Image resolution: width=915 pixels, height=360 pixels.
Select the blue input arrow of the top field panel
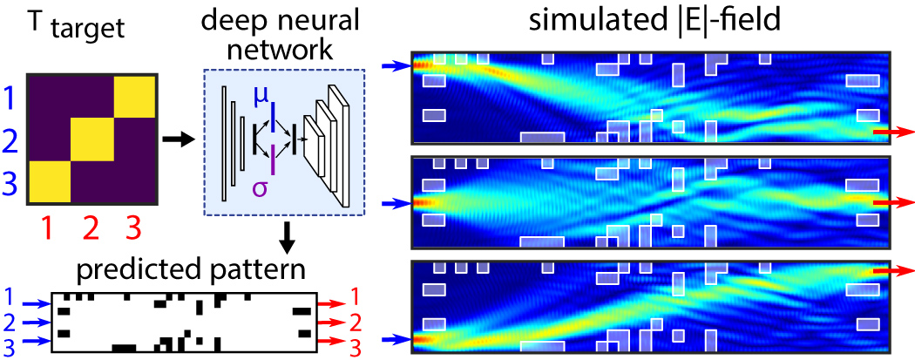[x=396, y=64]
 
